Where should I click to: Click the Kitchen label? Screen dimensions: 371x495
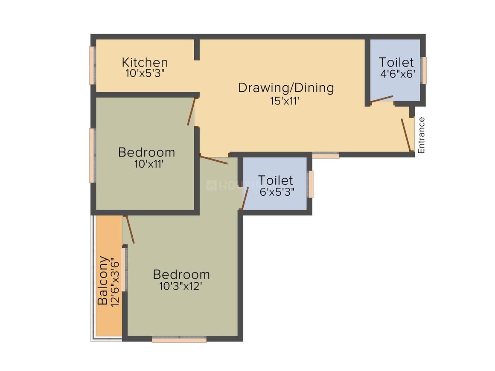(145, 62)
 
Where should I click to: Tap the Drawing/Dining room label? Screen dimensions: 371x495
(286, 88)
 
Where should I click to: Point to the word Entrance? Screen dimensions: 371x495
(421, 135)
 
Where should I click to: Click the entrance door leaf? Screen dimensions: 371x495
(406, 135)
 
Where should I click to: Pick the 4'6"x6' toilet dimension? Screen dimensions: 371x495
(398, 73)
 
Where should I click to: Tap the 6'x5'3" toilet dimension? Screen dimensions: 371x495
(277, 191)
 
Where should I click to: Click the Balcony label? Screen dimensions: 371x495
(103, 280)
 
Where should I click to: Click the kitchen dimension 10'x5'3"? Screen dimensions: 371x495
(145, 73)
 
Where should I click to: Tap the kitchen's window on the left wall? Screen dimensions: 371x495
(91, 65)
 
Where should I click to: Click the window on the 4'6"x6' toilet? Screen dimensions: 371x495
(424, 70)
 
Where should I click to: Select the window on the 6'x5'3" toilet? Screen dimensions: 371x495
(311, 184)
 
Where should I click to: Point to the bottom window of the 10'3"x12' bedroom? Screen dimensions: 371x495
(179, 340)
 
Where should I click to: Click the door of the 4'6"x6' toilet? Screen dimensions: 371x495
(381, 99)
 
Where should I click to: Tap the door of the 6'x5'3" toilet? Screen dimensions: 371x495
(245, 198)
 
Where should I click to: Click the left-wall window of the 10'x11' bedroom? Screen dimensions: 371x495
(91, 155)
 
